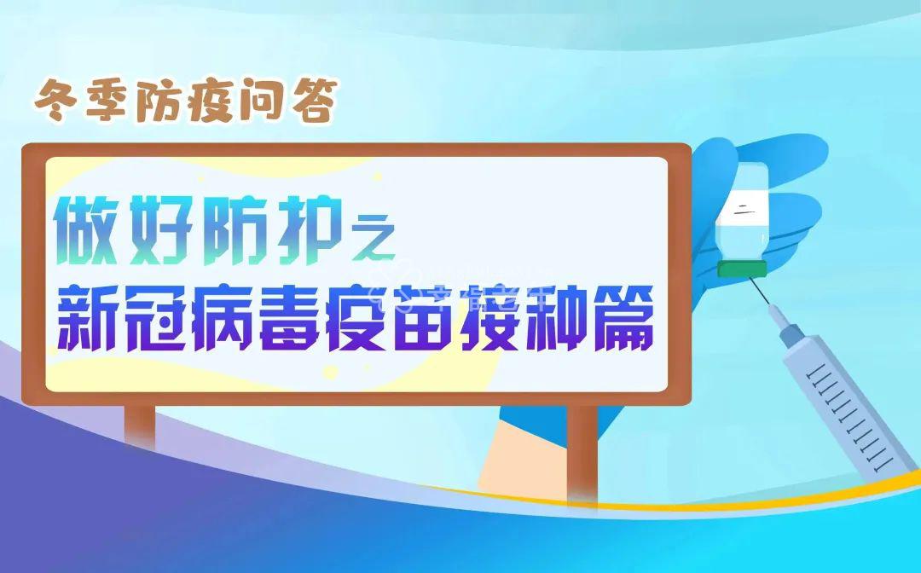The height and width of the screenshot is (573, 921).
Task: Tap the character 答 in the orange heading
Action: pos(315,101)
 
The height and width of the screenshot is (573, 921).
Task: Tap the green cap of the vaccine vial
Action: pos(742,269)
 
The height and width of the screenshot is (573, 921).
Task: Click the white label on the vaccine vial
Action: pos(743,209)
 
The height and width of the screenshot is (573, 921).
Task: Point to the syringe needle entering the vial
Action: pos(760,292)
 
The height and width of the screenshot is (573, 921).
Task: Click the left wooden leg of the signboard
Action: pos(140,425)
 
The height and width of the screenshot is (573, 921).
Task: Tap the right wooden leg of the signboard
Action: pos(582,454)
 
